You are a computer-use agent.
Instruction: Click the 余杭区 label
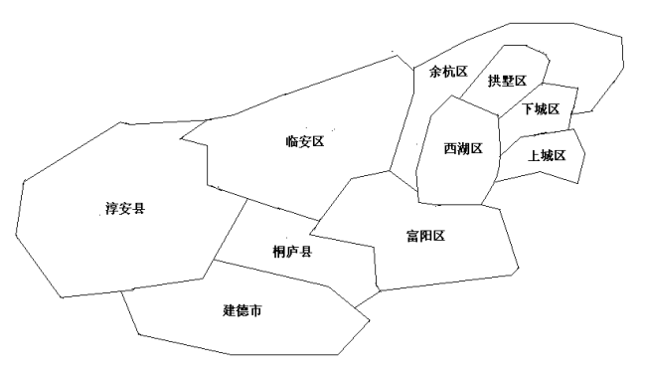[x=448, y=73]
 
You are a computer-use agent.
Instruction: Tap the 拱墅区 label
[x=507, y=82]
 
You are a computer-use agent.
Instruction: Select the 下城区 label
[x=542, y=108]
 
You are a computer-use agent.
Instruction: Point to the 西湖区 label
[x=463, y=149]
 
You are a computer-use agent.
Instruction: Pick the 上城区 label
[x=547, y=156]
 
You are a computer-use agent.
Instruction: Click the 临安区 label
[x=305, y=142]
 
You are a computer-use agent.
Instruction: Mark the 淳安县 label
[x=125, y=209]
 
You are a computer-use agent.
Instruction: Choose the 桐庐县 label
[x=292, y=253]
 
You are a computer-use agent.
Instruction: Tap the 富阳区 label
[x=424, y=236]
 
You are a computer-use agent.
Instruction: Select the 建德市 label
[x=242, y=311]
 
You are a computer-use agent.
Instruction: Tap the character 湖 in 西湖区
[x=463, y=149]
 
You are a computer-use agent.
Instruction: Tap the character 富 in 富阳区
[x=411, y=236]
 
